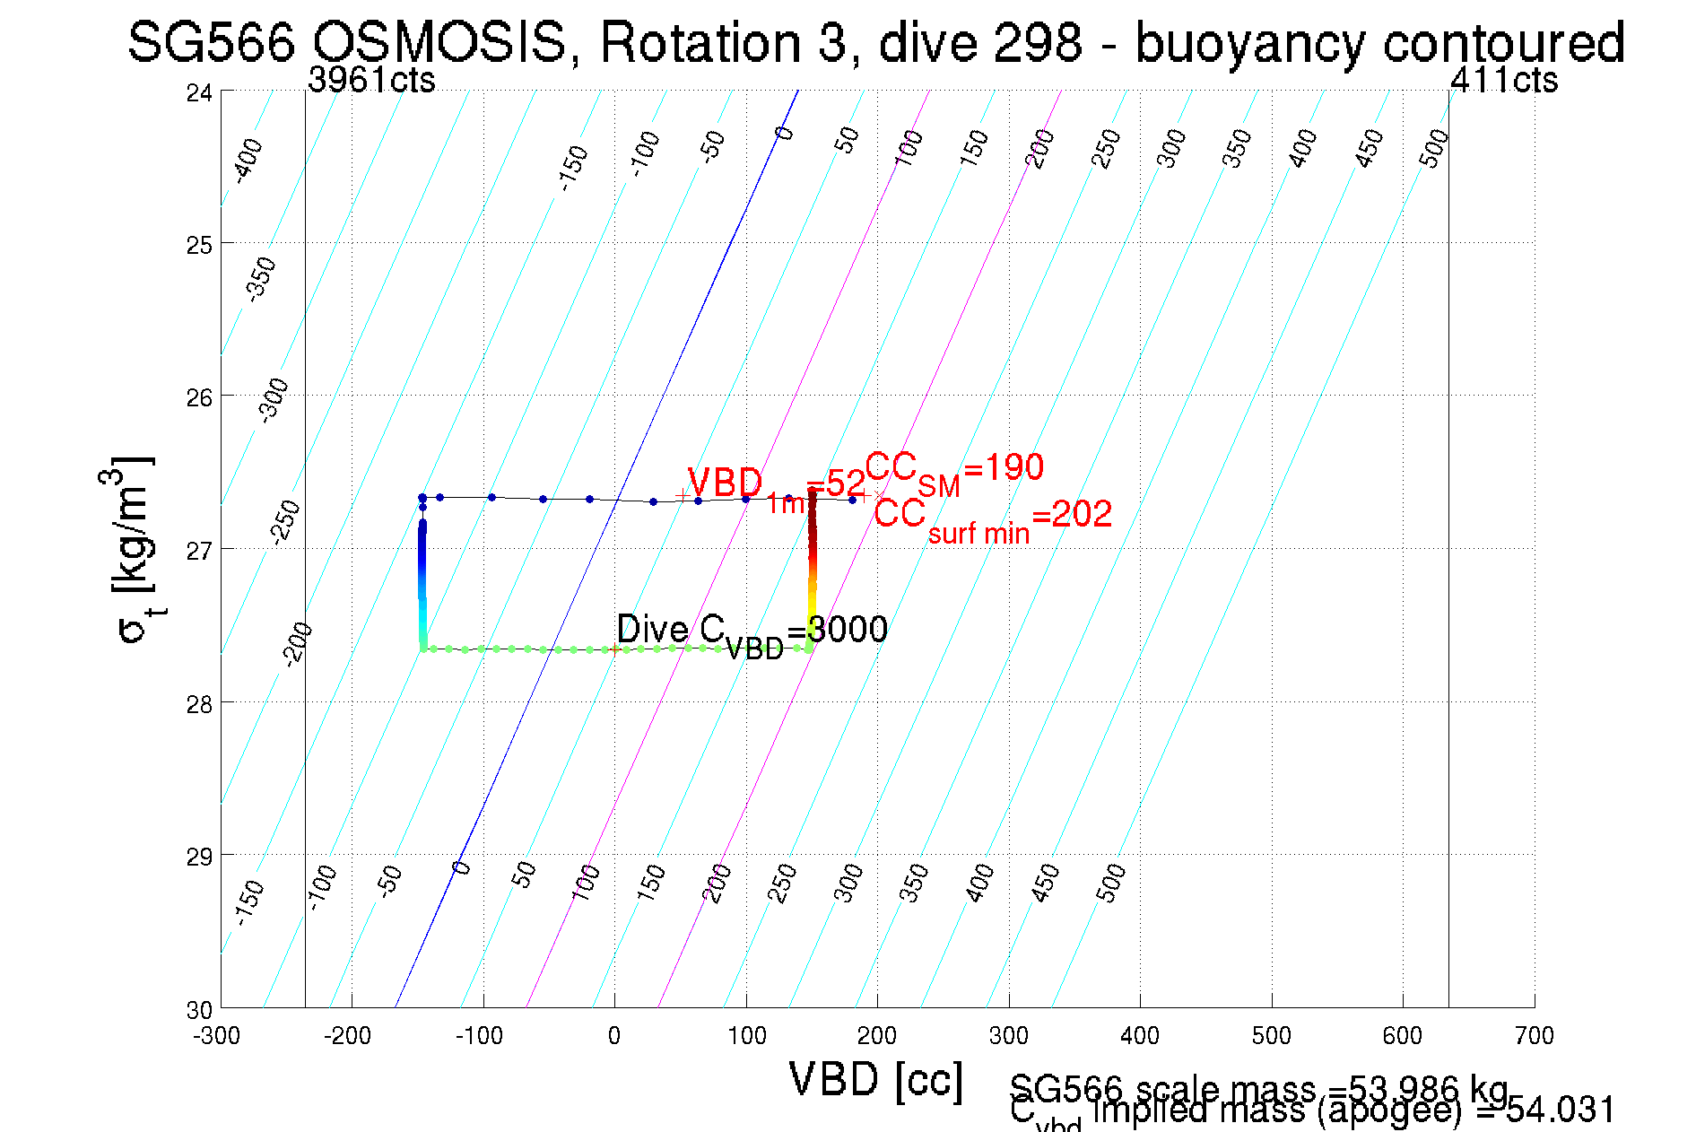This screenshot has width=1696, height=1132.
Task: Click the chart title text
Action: coord(875,42)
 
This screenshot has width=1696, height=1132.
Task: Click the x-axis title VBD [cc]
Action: coord(875,1079)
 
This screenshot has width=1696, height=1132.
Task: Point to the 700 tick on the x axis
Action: coord(1534,1036)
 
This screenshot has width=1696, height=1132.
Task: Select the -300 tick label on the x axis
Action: coord(217,1036)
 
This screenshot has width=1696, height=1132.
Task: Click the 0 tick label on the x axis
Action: coord(614,1036)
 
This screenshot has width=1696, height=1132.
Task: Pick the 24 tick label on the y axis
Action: coord(199,92)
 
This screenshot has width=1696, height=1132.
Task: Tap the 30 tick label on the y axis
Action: coord(199,1010)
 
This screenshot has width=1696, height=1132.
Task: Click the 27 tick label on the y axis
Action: coord(199,550)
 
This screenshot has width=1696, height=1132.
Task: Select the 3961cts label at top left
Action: coord(371,81)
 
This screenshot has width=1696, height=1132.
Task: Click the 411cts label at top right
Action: coord(1504,81)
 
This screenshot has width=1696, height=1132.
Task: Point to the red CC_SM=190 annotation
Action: coord(954,470)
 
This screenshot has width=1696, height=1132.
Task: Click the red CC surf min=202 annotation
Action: coord(993,517)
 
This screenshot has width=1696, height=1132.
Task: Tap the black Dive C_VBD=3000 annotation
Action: coord(752,631)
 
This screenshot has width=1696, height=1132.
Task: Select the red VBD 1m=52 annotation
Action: coord(775,487)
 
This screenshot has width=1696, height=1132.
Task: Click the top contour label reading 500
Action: coord(1434,148)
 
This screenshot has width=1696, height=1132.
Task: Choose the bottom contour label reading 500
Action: coord(1110,883)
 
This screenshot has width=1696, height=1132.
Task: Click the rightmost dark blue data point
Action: coord(852,500)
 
